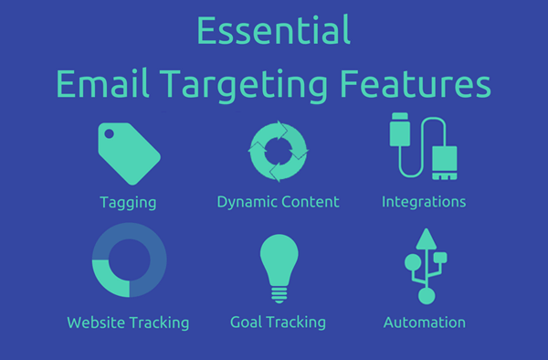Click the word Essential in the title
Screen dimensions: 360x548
274,31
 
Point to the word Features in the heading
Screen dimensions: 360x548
426,84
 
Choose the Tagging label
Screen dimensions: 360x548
128,201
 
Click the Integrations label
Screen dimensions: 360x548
424,201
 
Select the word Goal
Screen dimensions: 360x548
247,323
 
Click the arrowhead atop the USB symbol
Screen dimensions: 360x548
424,235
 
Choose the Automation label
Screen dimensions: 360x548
424,323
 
